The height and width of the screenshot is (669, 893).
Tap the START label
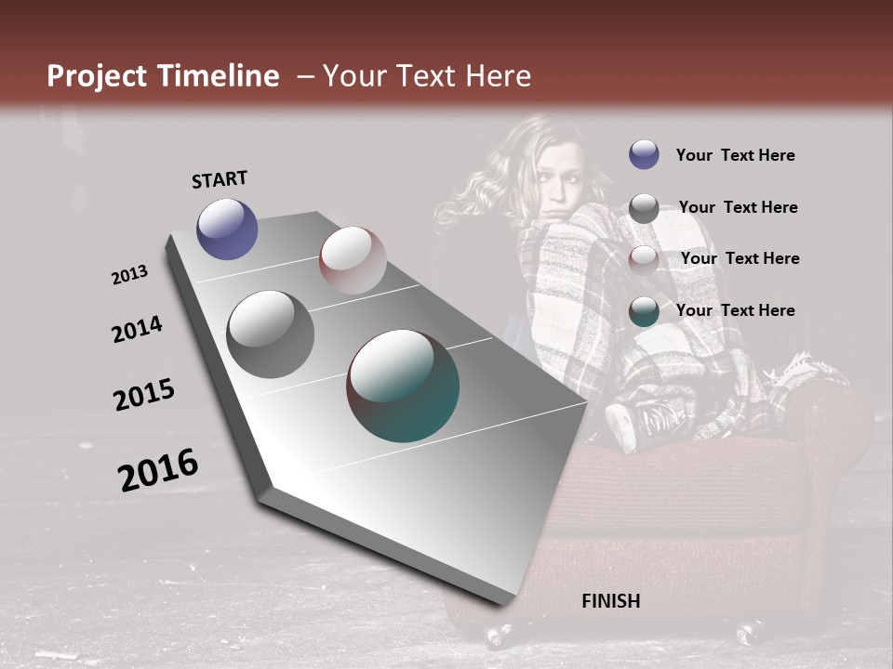point(220,178)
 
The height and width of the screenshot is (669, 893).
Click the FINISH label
point(611,601)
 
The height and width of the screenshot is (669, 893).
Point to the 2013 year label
point(130,275)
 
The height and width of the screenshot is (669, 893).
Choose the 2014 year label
point(137,329)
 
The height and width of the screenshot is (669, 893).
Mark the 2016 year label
point(158,469)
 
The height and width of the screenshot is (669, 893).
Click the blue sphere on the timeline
point(228,229)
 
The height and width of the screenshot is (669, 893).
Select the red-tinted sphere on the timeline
point(353,259)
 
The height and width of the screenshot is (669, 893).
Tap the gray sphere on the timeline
point(270,334)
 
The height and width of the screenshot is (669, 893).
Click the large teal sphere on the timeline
point(403,386)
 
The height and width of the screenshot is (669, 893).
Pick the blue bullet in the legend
point(644,154)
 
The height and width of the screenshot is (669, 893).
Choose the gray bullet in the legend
point(644,207)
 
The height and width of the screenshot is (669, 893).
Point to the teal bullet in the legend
point(644,310)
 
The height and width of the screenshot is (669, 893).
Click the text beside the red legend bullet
point(740,258)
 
